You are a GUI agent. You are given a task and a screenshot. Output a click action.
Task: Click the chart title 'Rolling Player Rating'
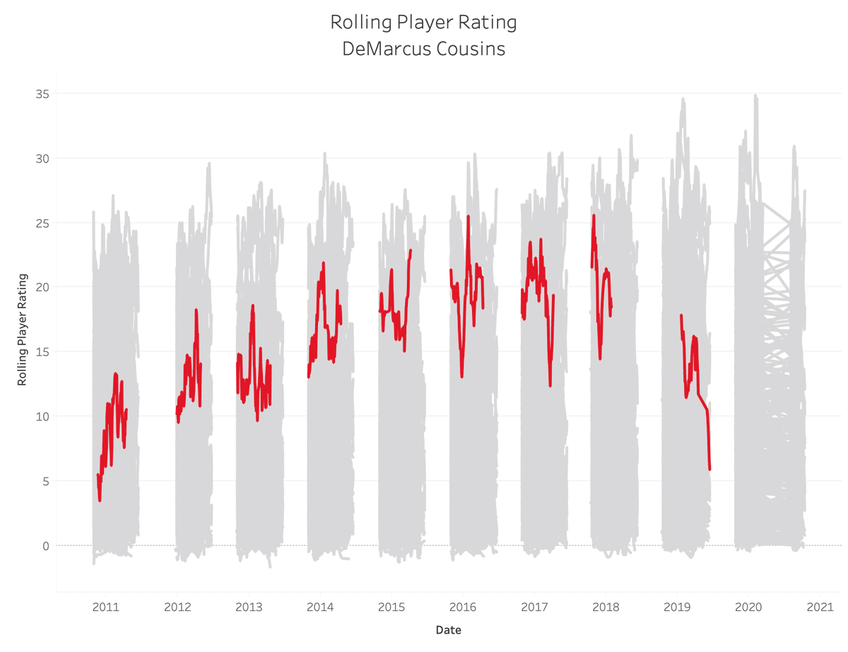[x=423, y=23]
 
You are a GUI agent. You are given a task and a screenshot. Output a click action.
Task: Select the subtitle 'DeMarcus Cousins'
[x=423, y=50]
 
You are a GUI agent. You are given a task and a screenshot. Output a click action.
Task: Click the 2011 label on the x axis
[x=105, y=607]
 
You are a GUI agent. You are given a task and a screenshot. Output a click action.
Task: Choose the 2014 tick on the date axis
[x=320, y=607]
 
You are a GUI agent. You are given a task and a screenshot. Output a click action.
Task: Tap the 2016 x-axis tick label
[x=463, y=607]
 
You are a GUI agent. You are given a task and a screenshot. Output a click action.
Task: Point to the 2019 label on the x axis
[x=677, y=607]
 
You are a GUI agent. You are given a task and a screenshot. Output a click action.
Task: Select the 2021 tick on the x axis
[x=820, y=607]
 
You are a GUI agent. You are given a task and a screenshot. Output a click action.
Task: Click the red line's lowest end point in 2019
[x=709, y=468]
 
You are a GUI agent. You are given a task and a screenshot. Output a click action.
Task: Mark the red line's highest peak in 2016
[x=469, y=216]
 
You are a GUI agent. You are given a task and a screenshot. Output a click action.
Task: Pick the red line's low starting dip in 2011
[x=100, y=500]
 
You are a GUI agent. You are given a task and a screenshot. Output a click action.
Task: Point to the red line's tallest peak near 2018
[x=594, y=216]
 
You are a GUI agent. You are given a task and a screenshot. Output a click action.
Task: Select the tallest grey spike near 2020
[x=755, y=95]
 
